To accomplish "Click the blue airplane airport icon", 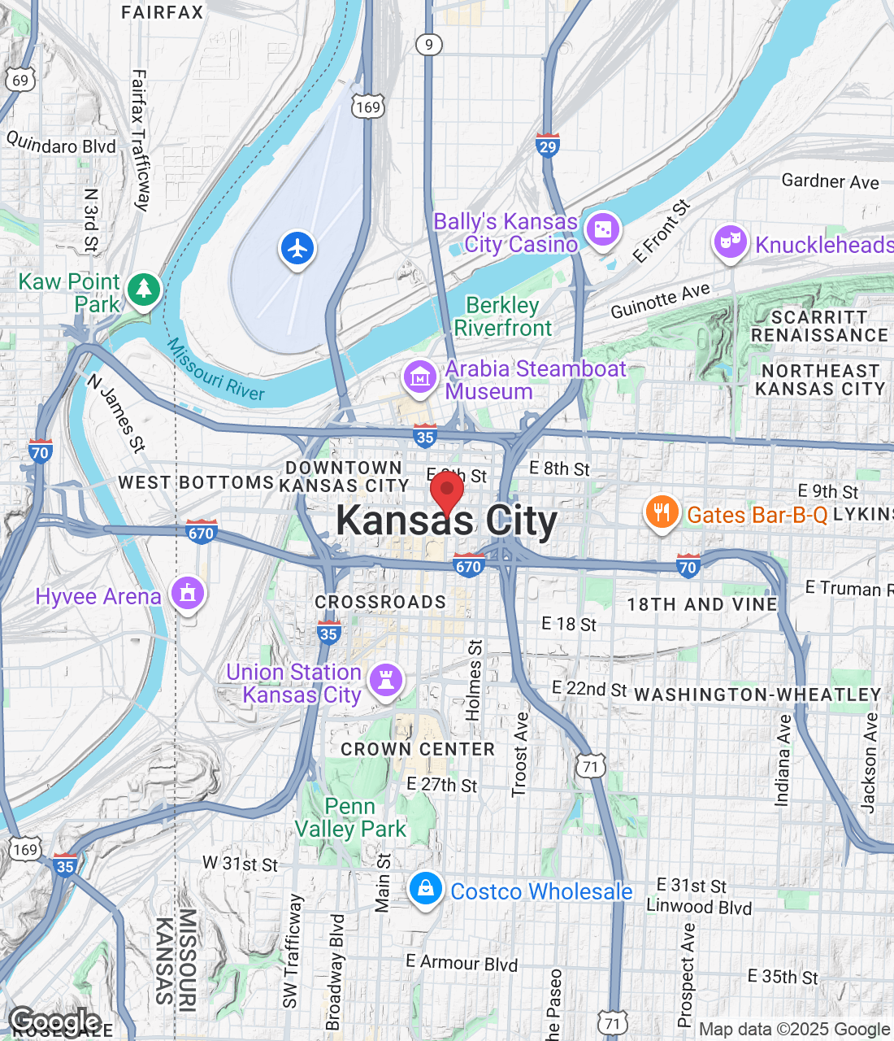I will point(297,248).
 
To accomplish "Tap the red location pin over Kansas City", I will point(446,491).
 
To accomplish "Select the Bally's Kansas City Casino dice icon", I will point(602,231).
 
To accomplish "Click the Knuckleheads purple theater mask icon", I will point(730,242).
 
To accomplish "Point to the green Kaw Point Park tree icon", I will point(144,289).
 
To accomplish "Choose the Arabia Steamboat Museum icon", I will point(420,378).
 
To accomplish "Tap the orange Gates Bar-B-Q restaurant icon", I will point(662,512).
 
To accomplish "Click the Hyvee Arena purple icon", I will point(188,595).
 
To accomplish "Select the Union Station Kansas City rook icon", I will point(386,681).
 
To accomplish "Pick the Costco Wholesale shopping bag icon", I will point(425,889).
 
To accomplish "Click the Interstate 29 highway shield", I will point(548,146).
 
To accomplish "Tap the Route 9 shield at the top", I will point(429,45).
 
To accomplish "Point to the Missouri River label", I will point(215,371).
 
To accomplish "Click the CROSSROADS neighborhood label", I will point(380,602).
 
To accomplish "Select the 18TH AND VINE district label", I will point(702,604).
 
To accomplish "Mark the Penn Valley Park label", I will point(350,817).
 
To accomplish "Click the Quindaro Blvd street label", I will point(61,144).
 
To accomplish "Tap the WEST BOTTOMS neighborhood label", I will point(196,482).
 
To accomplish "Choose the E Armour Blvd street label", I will point(462,963).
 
